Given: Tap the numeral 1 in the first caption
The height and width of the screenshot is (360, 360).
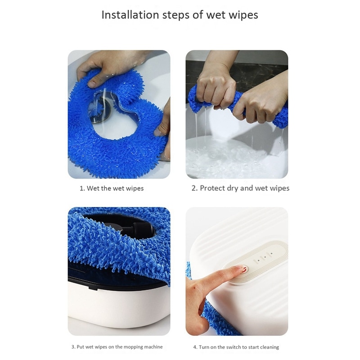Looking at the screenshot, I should tap(81, 189).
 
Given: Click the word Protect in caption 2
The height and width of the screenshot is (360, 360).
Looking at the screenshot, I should tap(215, 188).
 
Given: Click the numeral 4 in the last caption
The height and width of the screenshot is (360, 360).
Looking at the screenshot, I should tap(195, 347).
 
